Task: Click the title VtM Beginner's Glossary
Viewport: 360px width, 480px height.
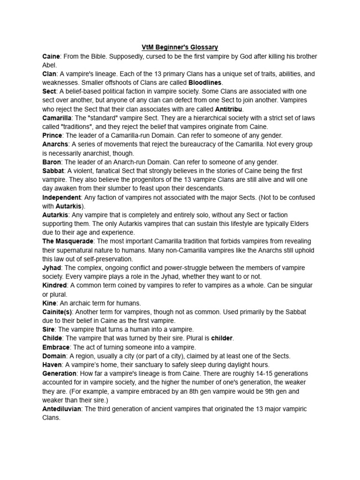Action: pyautogui.click(x=180, y=47)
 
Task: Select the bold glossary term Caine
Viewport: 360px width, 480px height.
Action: pyautogui.click(x=51, y=56)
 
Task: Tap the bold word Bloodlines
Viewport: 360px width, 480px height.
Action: pyautogui.click(x=205, y=82)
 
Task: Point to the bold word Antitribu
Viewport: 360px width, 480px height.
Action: pyautogui.click(x=229, y=109)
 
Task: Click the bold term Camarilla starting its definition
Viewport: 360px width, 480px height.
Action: pyautogui.click(x=57, y=118)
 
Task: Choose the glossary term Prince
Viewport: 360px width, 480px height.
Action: pyautogui.click(x=52, y=135)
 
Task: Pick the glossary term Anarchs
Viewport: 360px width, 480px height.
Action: pyautogui.click(x=55, y=144)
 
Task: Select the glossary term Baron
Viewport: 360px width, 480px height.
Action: pyautogui.click(x=52, y=162)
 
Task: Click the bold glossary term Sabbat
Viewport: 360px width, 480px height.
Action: pyautogui.click(x=52, y=171)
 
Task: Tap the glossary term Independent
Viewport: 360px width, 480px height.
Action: pyautogui.click(x=61, y=197)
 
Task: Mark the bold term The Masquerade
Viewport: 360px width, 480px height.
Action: pyautogui.click(x=68, y=241)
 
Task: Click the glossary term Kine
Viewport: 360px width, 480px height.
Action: pyautogui.click(x=49, y=303)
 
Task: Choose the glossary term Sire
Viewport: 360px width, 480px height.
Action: pyautogui.click(x=48, y=330)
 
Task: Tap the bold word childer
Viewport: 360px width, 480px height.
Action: pyautogui.click(x=221, y=338)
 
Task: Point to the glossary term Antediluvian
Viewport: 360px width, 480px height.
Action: pyautogui.click(x=61, y=409)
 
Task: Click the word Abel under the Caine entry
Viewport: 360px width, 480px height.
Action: pyautogui.click(x=49, y=65)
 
